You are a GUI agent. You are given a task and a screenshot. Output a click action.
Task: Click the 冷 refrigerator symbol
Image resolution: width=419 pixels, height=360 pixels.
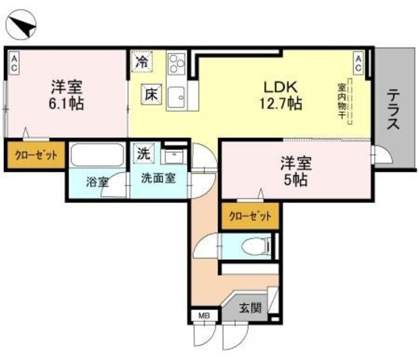141,63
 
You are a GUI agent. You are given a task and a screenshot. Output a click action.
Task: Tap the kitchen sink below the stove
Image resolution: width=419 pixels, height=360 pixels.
175,98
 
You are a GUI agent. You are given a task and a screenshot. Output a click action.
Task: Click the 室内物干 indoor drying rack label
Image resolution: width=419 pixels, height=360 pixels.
342,101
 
